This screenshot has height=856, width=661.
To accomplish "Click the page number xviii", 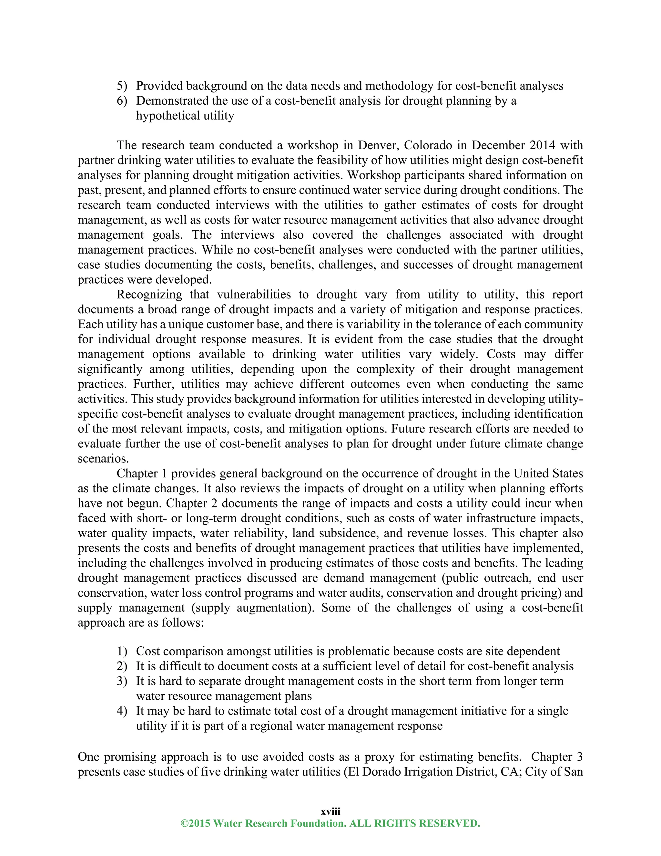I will (330, 811).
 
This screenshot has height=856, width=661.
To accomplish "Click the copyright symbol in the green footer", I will (184, 823).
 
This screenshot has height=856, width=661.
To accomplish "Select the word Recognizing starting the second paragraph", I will (149, 294).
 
